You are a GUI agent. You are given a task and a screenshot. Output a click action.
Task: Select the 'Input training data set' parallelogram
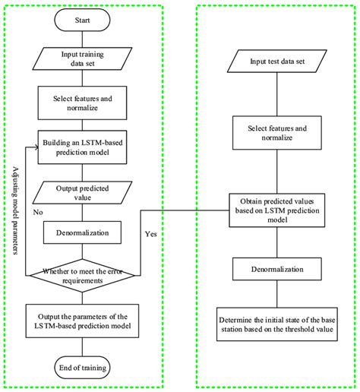click(84, 58)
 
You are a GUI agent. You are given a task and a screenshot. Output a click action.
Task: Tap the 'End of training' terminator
click(84, 367)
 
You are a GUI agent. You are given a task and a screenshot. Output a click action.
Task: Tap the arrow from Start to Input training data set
click(84, 40)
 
